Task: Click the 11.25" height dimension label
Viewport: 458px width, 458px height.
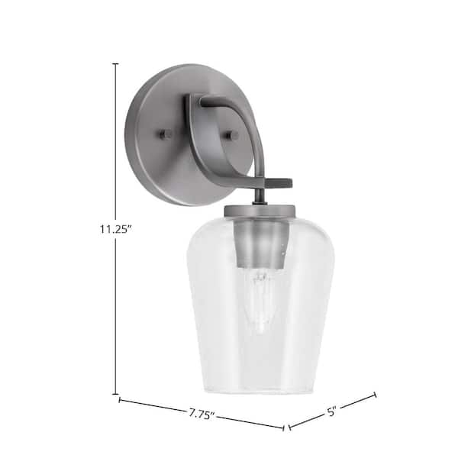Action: [114, 229]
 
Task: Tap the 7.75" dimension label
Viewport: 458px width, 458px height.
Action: [201, 414]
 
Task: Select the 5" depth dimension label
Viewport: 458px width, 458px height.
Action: [331, 411]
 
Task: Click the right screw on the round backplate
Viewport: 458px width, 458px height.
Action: [231, 135]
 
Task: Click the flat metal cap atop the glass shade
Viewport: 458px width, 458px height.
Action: [260, 211]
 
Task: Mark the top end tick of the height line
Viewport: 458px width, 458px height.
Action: [116, 63]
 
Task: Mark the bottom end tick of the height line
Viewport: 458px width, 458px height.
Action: [116, 395]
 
